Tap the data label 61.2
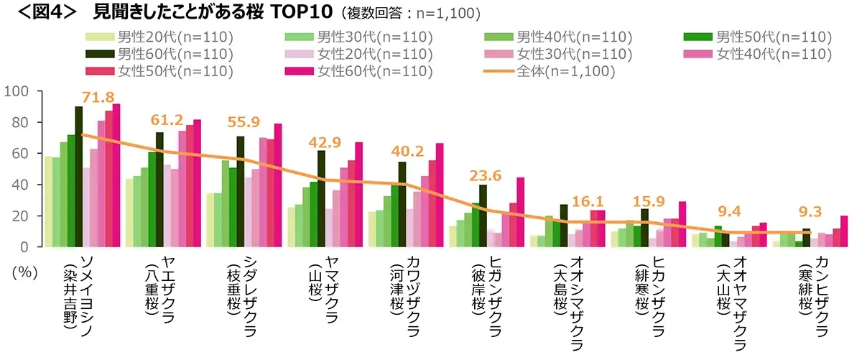(x=167, y=120)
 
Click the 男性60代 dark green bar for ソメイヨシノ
(x=79, y=176)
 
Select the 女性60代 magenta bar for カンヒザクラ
(x=844, y=231)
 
